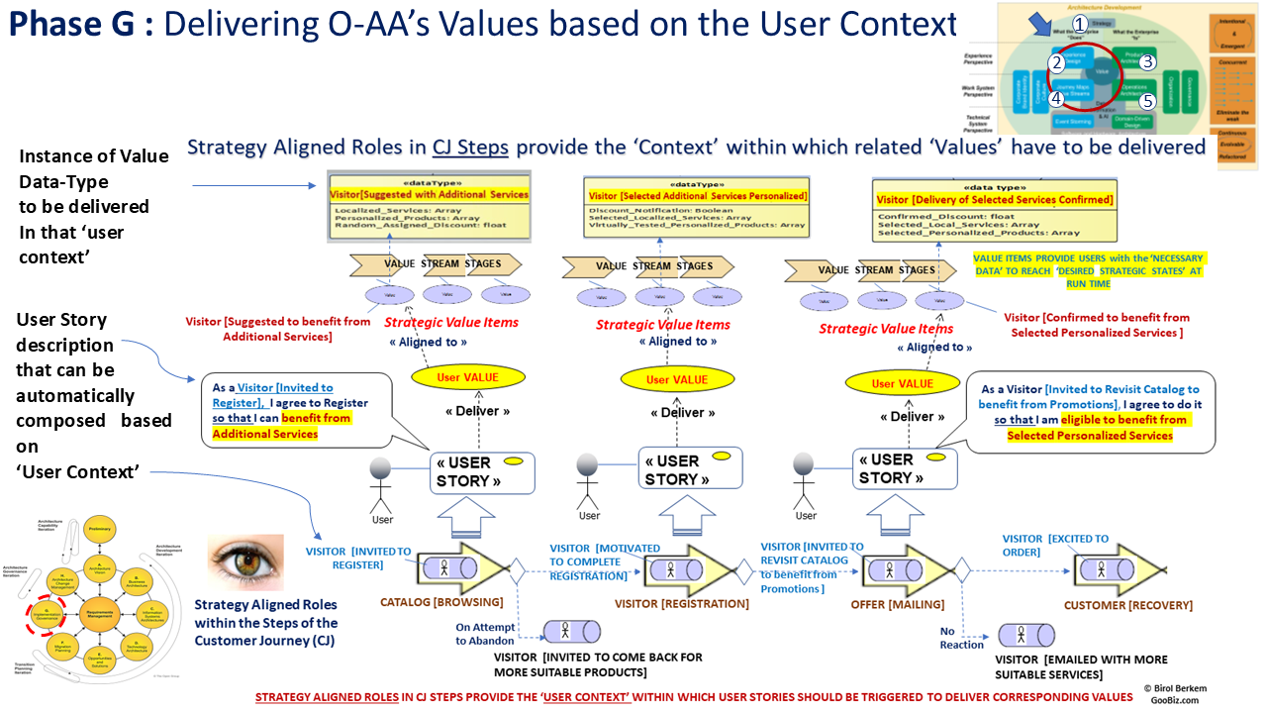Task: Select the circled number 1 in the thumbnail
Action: [1080, 23]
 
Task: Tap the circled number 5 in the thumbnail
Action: [1147, 101]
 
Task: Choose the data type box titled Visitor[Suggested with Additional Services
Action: [430, 209]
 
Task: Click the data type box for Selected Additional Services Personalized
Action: [697, 209]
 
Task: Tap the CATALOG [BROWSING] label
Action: [441, 602]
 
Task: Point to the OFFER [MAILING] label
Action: [898, 603]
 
